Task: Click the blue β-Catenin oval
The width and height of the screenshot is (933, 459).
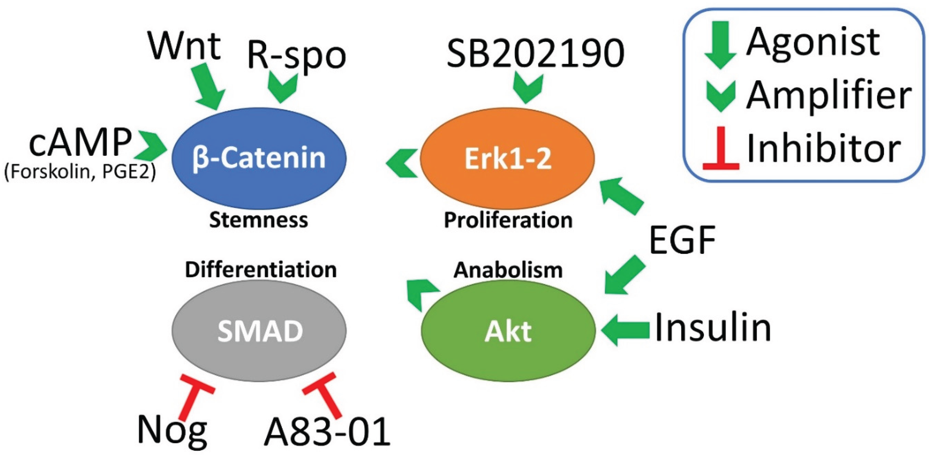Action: [x=259, y=158]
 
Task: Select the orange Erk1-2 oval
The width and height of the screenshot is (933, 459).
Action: [x=507, y=158]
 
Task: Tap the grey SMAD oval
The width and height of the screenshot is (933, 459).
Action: [x=259, y=331]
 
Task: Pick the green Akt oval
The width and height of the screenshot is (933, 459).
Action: [x=508, y=331]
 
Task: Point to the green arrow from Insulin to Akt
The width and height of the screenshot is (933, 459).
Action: [x=626, y=330]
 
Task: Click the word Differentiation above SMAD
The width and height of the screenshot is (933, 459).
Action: [x=261, y=270]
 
